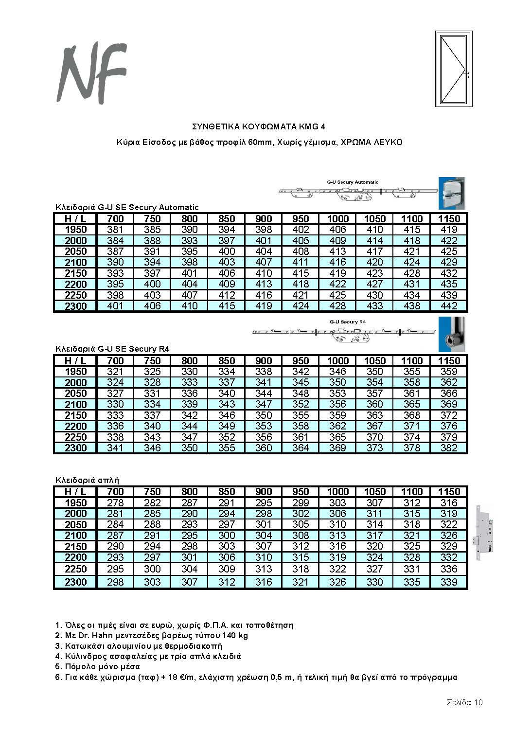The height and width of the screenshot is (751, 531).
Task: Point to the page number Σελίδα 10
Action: point(464,702)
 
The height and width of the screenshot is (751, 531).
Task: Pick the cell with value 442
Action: point(448,306)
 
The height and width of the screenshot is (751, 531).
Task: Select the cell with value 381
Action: point(115,230)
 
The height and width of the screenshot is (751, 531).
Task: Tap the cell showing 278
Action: point(115,502)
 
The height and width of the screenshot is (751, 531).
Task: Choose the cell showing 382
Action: point(448,448)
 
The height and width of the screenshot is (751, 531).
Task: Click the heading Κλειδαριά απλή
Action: point(87,480)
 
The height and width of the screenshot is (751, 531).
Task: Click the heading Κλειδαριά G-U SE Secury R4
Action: point(112,349)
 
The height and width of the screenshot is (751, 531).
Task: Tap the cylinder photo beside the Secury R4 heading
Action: point(452,334)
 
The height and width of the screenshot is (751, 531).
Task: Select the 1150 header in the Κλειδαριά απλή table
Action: point(448,492)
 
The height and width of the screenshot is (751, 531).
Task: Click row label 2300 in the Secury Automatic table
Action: point(76,306)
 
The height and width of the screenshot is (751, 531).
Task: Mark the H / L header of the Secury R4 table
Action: point(76,361)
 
